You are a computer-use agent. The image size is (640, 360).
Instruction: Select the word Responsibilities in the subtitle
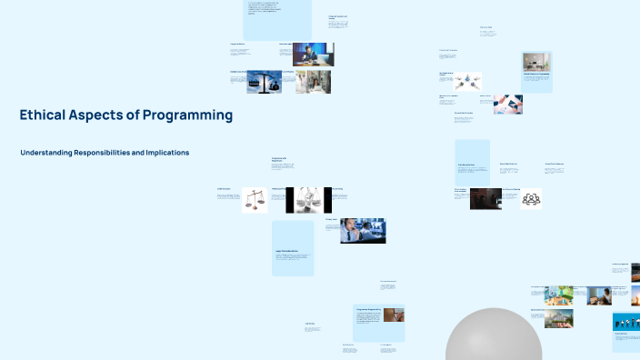click(x=94, y=153)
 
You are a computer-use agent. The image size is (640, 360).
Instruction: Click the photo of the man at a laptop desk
click(x=313, y=55)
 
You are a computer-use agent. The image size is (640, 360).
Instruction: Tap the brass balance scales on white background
click(x=255, y=199)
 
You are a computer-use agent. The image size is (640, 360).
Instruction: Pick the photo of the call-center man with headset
click(x=363, y=231)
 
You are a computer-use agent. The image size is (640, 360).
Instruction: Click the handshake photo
click(x=508, y=104)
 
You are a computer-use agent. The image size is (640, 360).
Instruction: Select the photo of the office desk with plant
click(x=536, y=61)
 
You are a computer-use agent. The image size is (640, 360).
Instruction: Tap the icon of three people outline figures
click(x=531, y=199)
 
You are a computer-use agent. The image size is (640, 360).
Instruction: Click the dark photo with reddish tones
click(x=485, y=199)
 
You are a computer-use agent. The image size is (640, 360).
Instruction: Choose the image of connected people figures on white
click(x=469, y=81)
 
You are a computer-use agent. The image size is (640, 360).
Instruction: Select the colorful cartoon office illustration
click(x=558, y=294)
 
